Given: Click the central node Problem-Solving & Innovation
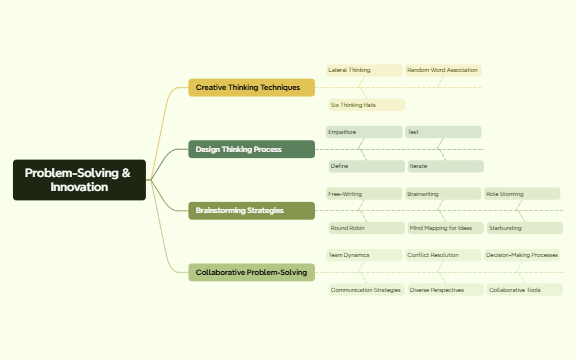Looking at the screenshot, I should click(79, 180).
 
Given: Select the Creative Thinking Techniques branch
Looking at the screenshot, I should click(251, 88).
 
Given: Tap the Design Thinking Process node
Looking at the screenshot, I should click(251, 149).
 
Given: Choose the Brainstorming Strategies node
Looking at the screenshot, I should click(251, 211).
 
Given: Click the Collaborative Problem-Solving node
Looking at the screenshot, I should click(251, 272).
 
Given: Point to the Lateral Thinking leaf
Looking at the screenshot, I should click(363, 70).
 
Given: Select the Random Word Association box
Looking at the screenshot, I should click(443, 70).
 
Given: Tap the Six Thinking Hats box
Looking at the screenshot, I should click(366, 105).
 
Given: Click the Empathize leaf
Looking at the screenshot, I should click(363, 132).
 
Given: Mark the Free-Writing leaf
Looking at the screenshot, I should click(363, 193).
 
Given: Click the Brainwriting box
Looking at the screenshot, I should click(443, 193).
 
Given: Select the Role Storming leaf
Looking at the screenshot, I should click(522, 193).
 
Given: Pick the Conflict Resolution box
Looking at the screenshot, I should click(443, 255).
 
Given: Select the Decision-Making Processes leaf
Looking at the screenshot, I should click(522, 255).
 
